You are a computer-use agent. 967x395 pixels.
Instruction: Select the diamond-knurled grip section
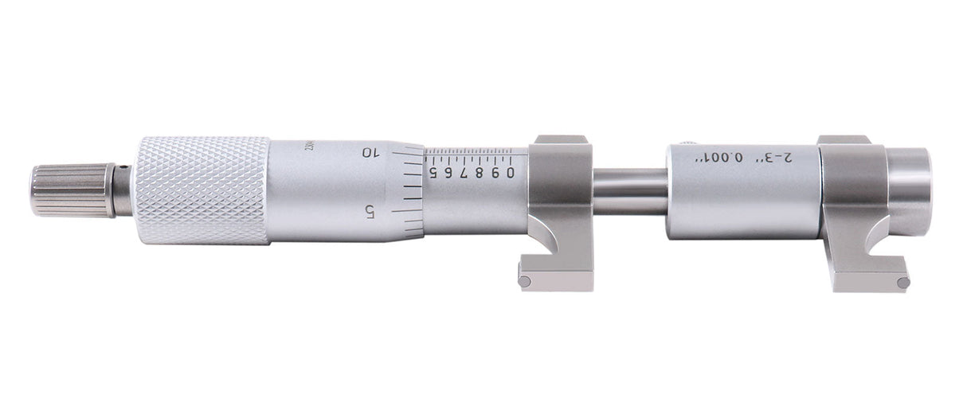point(202,190)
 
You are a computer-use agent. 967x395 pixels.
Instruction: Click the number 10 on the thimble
point(370,152)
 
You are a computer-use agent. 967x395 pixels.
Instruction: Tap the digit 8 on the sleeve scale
point(479,172)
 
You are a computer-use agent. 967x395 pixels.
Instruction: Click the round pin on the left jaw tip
point(524,280)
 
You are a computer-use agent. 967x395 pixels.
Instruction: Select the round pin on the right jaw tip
point(902,282)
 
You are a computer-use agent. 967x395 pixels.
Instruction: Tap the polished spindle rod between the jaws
point(630,191)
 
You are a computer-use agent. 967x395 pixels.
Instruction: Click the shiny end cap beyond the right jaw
point(910,191)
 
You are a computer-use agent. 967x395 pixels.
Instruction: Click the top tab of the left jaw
point(560,139)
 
